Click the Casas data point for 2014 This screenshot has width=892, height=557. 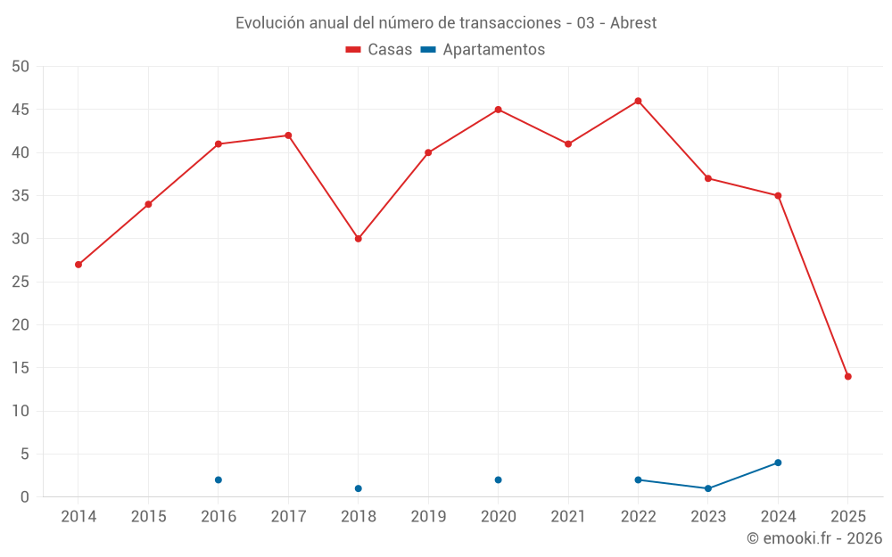[x=78, y=265]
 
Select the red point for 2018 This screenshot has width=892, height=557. [x=359, y=239]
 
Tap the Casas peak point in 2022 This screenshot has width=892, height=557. [x=638, y=101]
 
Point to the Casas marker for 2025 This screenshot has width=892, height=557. [x=848, y=376]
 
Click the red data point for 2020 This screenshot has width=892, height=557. [x=499, y=110]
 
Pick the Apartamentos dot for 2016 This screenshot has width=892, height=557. [x=219, y=479]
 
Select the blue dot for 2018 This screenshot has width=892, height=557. [x=359, y=488]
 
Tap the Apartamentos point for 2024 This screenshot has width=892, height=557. [x=778, y=463]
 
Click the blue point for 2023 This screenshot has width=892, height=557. [x=708, y=488]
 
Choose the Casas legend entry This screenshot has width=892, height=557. [x=379, y=50]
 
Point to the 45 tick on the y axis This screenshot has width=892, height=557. [x=21, y=110]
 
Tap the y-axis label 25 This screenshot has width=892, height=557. [x=21, y=282]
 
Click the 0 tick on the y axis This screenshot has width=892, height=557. [x=25, y=497]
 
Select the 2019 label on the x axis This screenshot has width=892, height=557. [x=428, y=516]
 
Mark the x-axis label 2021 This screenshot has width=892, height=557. [x=568, y=516]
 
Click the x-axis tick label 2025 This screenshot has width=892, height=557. [x=848, y=516]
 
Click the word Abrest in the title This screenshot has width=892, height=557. [x=633, y=23]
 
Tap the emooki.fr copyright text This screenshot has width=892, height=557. [x=814, y=538]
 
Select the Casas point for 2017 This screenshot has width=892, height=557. [x=288, y=135]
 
